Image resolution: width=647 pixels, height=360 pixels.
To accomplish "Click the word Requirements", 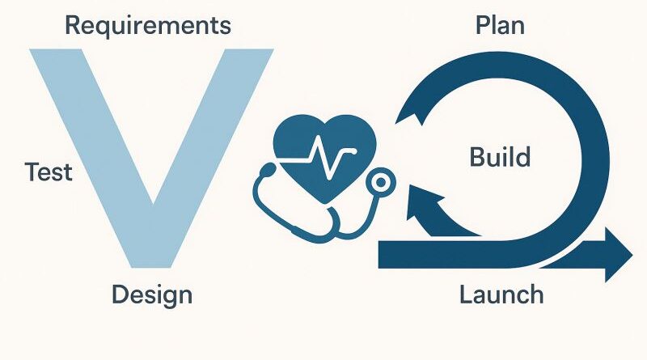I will click(147, 25).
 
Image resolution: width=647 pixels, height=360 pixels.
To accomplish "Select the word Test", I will click(49, 172).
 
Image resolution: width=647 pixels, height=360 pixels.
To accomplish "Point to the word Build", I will click(500, 156).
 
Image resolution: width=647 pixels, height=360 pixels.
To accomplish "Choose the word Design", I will click(152, 294).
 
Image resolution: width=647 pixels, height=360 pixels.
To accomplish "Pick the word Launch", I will click(501, 294).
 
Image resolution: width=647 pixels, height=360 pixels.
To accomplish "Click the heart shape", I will click(319, 153).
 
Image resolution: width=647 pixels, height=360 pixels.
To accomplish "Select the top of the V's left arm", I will click(57, 53).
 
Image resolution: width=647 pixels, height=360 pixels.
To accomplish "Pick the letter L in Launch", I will click(465, 294).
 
